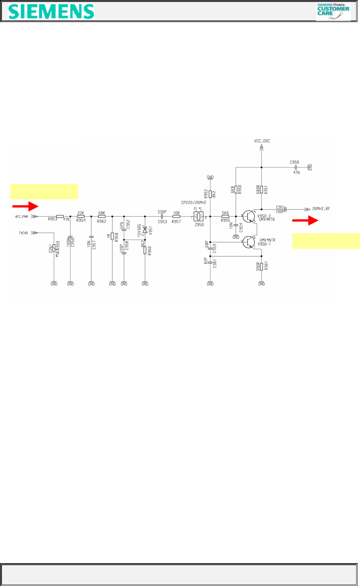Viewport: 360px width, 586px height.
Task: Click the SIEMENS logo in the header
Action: [51, 11]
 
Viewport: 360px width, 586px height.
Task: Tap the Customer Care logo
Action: [333, 11]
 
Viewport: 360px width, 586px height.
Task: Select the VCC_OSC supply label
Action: [262, 141]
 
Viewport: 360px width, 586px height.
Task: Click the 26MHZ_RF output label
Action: [321, 209]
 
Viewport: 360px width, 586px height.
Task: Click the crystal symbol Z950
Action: [198, 216]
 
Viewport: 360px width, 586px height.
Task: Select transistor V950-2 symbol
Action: [250, 216]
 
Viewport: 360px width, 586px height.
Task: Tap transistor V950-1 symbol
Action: [250, 242]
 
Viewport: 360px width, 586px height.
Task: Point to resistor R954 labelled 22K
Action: [81, 216]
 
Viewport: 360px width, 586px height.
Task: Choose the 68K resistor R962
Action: [102, 216]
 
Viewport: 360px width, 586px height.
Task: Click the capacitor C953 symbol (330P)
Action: [162, 216]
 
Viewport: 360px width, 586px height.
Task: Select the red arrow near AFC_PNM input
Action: [25, 206]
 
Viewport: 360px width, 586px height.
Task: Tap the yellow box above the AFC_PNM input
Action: [44, 191]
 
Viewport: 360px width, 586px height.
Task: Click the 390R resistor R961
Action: [261, 266]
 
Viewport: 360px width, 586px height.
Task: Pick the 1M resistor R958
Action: [112, 236]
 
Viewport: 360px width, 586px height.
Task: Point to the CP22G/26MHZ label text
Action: [194, 202]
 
